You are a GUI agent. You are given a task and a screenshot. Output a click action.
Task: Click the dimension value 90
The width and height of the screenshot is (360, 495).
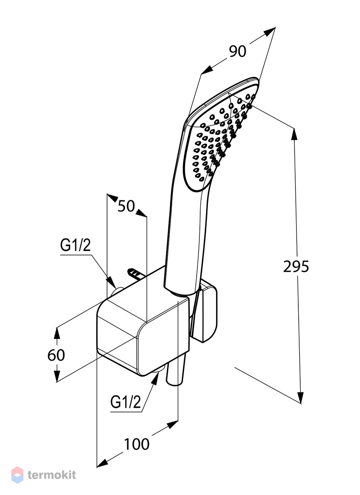(x=238, y=51)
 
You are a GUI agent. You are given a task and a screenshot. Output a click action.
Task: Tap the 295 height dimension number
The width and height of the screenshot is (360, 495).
(x=296, y=267)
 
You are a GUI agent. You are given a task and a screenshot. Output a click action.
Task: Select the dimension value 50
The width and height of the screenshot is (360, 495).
(x=126, y=207)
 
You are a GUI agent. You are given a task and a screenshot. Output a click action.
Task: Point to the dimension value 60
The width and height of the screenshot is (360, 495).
(x=56, y=355)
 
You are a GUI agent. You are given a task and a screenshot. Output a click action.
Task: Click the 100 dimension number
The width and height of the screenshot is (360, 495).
(x=136, y=445)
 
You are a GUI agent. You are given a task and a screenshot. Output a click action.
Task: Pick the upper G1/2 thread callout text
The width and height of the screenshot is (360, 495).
(x=76, y=245)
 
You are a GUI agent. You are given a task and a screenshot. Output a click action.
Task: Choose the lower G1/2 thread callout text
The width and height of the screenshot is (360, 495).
(x=126, y=402)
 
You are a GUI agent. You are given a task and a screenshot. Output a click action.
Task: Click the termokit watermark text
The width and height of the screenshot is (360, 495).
(x=52, y=474)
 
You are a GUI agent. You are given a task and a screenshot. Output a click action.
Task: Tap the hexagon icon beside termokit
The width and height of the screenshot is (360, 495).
(x=18, y=475)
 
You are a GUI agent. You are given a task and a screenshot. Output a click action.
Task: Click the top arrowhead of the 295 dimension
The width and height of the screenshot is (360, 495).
(x=294, y=134)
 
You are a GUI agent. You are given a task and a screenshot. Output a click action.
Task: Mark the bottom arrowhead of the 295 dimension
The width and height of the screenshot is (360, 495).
(x=301, y=398)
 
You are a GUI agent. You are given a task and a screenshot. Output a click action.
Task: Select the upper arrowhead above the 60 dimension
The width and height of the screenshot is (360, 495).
(x=57, y=333)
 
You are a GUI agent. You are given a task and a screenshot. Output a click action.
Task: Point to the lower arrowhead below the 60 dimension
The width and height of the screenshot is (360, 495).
(x=57, y=376)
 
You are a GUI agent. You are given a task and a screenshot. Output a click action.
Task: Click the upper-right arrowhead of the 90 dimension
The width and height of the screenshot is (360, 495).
(x=270, y=31)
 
